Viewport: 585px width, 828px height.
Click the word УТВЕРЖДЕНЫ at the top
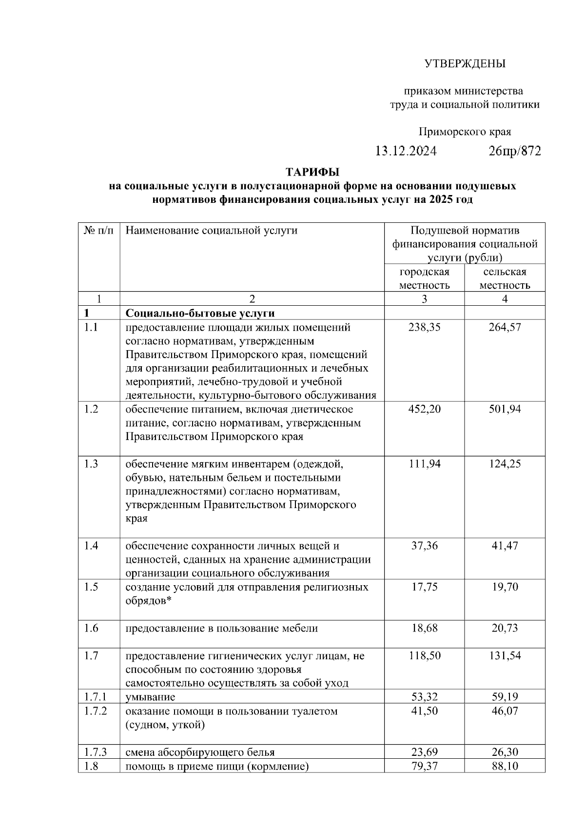click(465, 63)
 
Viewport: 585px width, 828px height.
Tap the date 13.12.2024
click(406, 151)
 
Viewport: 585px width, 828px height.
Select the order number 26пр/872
click(514, 151)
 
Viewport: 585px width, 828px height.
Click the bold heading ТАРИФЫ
click(312, 172)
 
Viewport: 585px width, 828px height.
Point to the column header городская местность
click(424, 278)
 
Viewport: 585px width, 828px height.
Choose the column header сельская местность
click(505, 278)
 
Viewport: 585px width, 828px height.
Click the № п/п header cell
click(98, 230)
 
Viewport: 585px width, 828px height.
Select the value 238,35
click(424, 327)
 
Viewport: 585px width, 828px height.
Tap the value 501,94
click(505, 409)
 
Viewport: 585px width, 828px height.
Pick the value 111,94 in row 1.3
click(424, 464)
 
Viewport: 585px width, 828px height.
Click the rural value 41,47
click(505, 546)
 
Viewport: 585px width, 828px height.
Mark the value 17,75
click(424, 587)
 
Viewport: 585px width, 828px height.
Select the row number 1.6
click(91, 628)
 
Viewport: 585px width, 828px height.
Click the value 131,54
click(505, 656)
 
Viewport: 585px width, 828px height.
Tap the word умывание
click(150, 697)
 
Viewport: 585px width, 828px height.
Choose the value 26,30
click(505, 752)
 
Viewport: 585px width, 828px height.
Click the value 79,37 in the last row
click(424, 766)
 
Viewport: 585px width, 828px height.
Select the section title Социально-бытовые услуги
click(200, 313)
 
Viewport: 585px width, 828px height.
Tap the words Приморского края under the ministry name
click(465, 132)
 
